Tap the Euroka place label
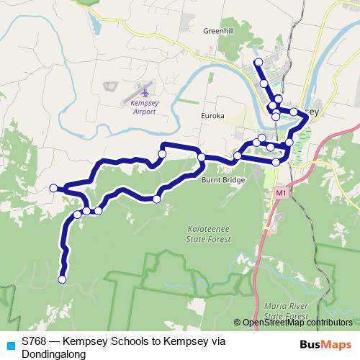coord(213,115)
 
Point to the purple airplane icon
coord(144,91)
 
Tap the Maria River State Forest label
coord(285,310)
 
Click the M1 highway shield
coord(280,194)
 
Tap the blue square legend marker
coord(10,345)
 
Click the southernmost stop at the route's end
coord(62,279)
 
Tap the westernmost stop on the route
coord(53,188)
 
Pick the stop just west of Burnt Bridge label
coord(202,158)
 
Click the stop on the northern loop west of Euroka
coord(162,153)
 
